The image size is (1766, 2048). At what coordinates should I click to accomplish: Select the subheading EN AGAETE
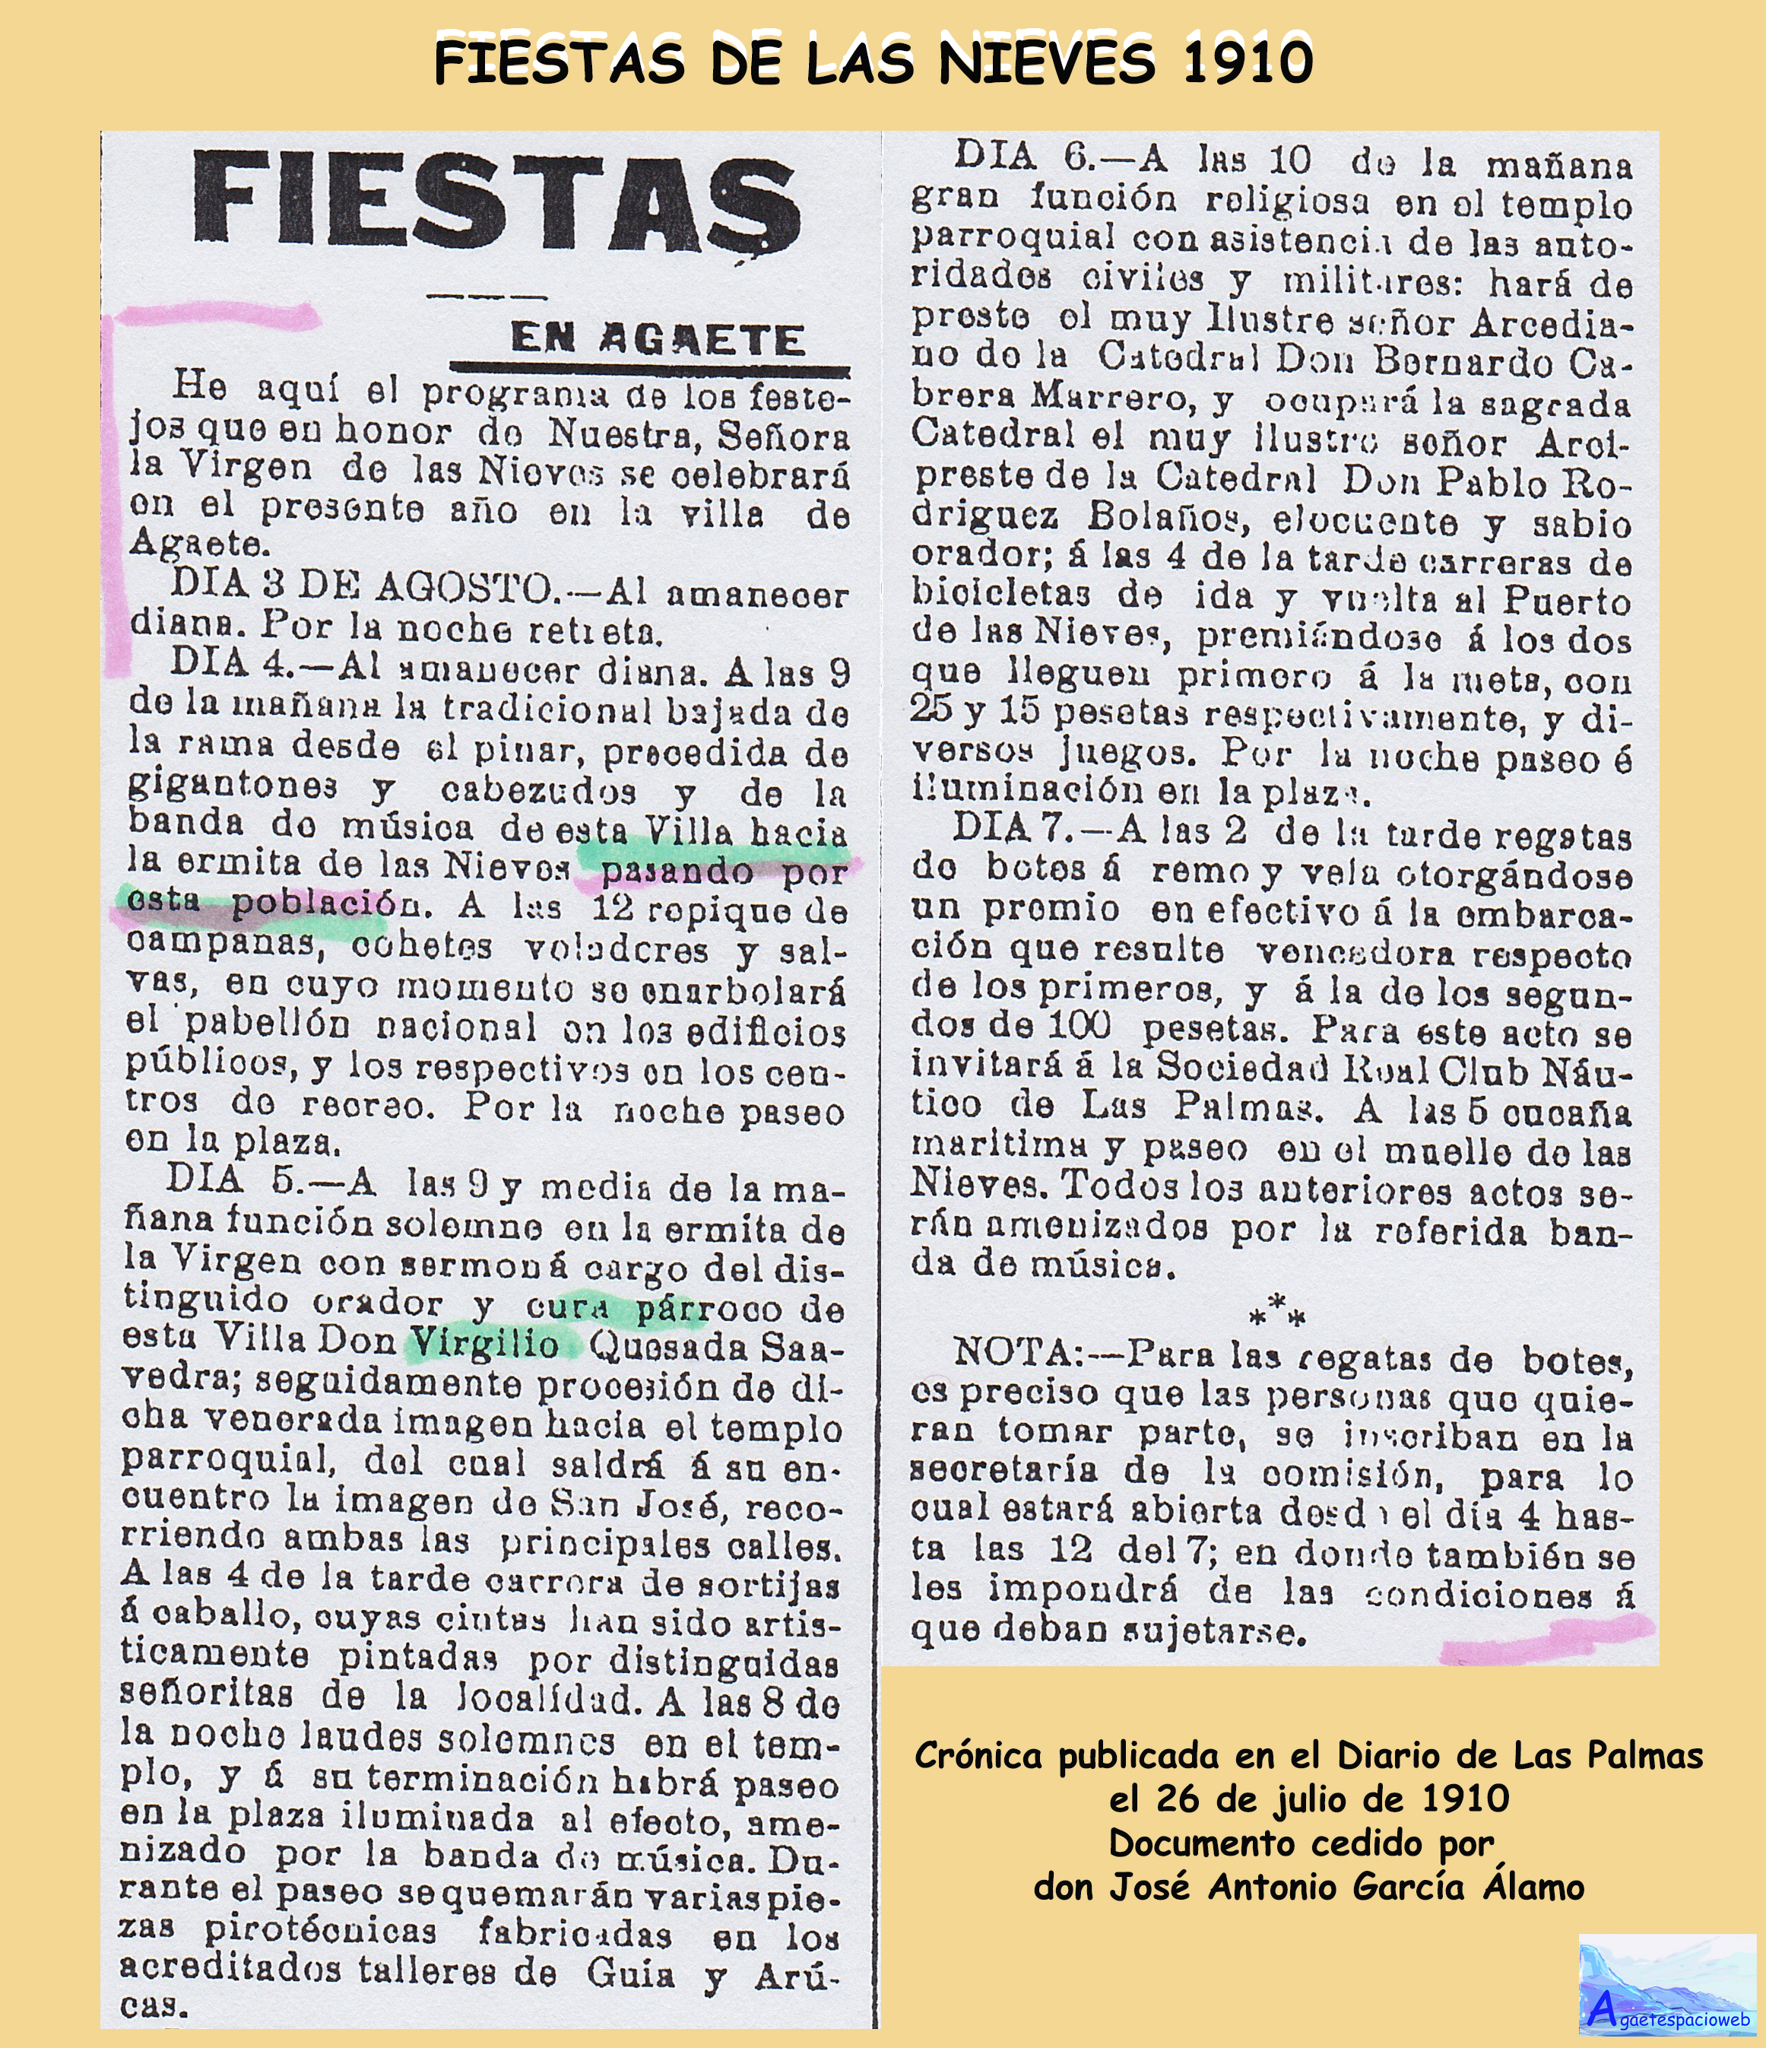click(x=657, y=340)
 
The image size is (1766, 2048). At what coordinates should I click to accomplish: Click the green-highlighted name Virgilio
click(x=485, y=1343)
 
